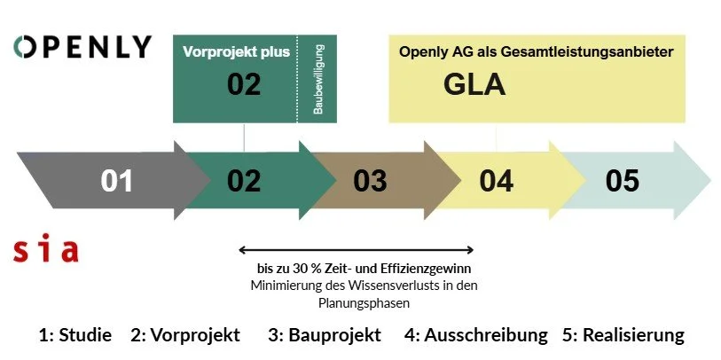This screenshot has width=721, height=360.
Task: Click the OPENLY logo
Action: tap(82, 47)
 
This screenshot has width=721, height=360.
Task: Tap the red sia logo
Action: tap(46, 249)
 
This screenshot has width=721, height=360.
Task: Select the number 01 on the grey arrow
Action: tap(116, 181)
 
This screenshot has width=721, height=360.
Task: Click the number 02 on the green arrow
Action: tap(244, 181)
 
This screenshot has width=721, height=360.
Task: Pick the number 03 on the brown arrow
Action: tap(370, 181)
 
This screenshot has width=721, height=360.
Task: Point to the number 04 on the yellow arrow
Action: tap(496, 181)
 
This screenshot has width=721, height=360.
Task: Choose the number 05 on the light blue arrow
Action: tap(623, 181)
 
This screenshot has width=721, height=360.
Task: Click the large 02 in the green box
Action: tap(244, 86)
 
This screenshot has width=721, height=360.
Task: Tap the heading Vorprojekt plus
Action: tap(236, 51)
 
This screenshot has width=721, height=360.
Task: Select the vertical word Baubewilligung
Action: tap(317, 80)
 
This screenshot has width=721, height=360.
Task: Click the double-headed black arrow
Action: tap(357, 251)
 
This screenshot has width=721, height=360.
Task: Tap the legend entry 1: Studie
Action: tap(75, 335)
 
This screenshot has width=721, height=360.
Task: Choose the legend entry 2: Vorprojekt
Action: tap(185, 335)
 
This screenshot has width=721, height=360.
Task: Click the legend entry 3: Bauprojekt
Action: tap(324, 335)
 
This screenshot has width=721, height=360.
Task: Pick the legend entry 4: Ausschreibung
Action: tap(476, 335)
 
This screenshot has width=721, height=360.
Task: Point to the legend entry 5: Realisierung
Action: tap(623, 335)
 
